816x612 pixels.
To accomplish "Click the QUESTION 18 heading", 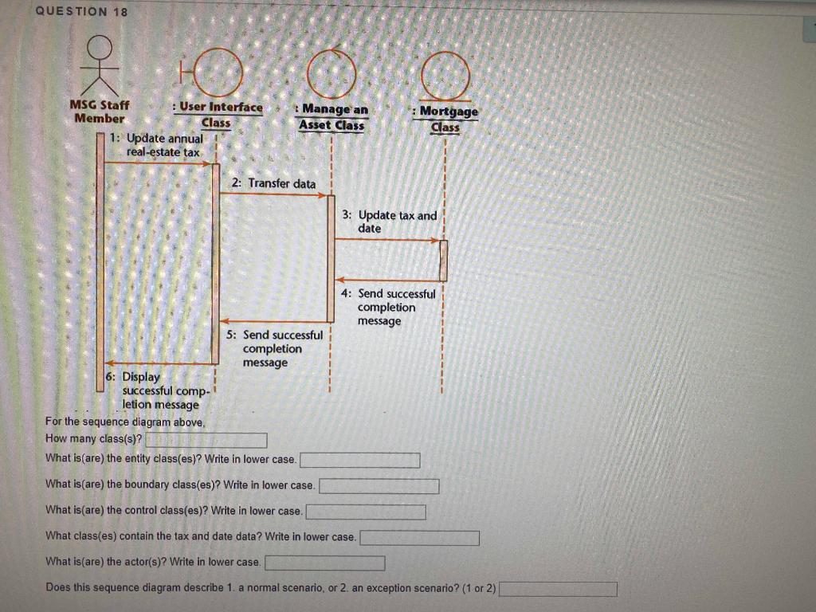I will pyautogui.click(x=81, y=11).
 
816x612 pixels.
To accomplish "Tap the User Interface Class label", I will pyautogui.click(x=217, y=114).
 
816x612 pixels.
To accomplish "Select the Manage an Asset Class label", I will pyautogui.click(x=331, y=116).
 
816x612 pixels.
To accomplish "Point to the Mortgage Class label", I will pyautogui.click(x=445, y=119).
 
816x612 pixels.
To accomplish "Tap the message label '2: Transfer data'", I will pyautogui.click(x=273, y=183).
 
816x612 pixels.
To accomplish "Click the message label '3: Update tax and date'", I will pyautogui.click(x=390, y=222).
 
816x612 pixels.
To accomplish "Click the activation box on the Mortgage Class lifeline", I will pyautogui.click(x=443, y=261).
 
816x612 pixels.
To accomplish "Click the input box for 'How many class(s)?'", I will pyautogui.click(x=206, y=441).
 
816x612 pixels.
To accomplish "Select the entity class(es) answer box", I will pyautogui.click(x=359, y=460).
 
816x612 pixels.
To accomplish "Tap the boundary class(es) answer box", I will pyautogui.click(x=379, y=485).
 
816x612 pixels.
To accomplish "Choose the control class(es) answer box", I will pyautogui.click(x=366, y=511).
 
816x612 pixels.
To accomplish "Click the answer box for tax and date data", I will pyautogui.click(x=419, y=538).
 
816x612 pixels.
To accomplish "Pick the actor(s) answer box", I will pyautogui.click(x=324, y=563).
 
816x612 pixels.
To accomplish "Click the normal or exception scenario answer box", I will pyautogui.click(x=558, y=589).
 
